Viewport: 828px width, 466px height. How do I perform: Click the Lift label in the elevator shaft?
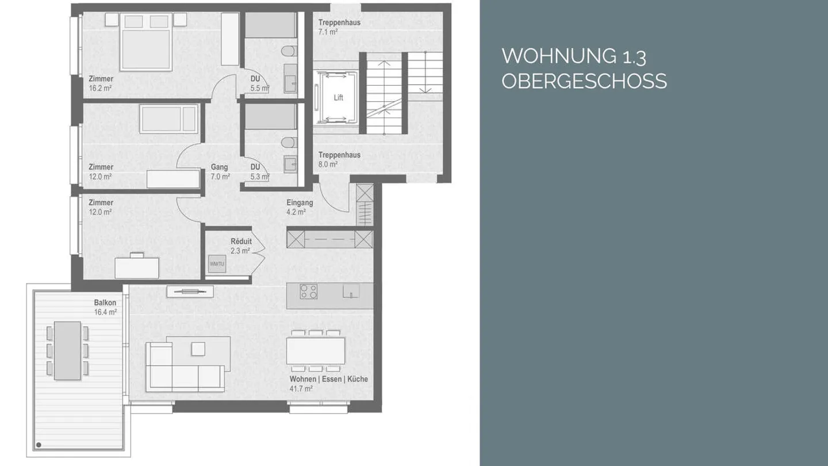[x=338, y=98]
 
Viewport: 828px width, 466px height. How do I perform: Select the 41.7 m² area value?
[x=301, y=389]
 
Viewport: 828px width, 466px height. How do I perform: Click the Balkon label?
[x=105, y=303]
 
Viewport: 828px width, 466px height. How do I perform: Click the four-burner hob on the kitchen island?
[x=309, y=292]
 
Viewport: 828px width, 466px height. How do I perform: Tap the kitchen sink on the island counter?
[x=351, y=291]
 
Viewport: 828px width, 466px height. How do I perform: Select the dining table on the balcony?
[x=67, y=350]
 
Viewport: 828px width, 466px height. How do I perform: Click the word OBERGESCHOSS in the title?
[x=584, y=81]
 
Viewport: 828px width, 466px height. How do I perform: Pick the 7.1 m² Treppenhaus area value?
[x=328, y=32]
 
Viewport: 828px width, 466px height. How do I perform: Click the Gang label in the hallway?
[x=219, y=167]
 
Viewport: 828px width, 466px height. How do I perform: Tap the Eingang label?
[x=300, y=203]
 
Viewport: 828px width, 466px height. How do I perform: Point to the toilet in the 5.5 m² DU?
[x=289, y=52]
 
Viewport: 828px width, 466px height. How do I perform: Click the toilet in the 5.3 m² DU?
[x=289, y=142]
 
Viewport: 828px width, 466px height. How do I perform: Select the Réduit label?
[x=241, y=242]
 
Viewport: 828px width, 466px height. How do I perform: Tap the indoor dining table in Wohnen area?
[x=316, y=350]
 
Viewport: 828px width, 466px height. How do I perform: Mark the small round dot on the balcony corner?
[x=39, y=444]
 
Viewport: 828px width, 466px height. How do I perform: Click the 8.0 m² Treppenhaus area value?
[x=328, y=164]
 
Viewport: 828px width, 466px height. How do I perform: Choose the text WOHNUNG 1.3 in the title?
[x=574, y=56]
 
